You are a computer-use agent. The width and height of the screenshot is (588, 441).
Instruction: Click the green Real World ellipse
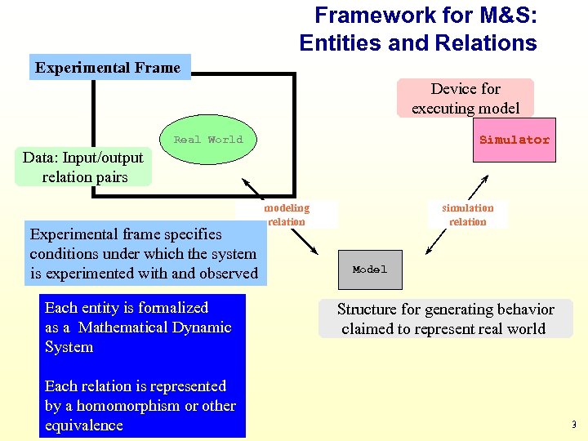coord(207,140)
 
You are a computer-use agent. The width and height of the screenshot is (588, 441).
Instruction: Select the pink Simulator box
coord(514,140)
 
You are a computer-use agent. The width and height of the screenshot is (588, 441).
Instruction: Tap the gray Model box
coord(370,269)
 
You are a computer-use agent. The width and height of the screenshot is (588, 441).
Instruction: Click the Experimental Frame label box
coord(109,67)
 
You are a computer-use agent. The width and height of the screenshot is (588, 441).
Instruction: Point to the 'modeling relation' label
coord(287,215)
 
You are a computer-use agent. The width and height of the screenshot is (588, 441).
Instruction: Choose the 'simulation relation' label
coord(468,215)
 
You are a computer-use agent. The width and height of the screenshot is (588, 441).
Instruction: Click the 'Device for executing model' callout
coord(465,98)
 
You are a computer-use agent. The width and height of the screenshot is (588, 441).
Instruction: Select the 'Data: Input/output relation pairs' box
coord(82,167)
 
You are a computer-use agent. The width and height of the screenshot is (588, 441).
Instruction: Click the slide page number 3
coord(573,425)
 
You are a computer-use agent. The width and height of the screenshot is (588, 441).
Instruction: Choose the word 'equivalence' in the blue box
coord(84,425)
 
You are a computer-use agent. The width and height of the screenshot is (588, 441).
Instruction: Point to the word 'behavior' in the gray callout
coord(523,310)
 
